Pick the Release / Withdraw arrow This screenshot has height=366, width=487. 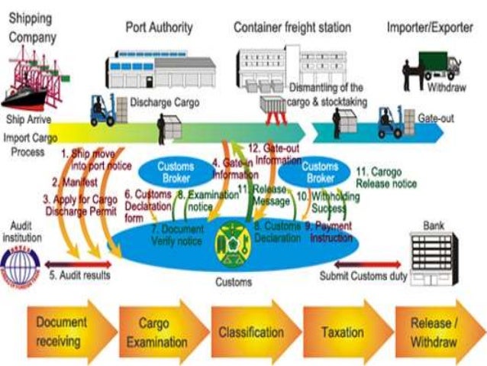(433, 331)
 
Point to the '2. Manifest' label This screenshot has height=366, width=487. (76, 183)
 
